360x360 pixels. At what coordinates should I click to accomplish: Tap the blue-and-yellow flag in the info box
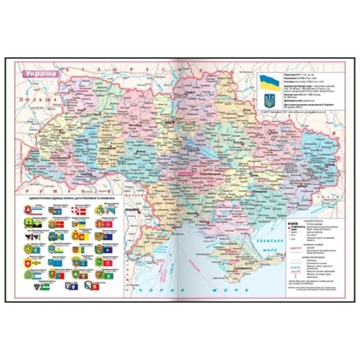270,83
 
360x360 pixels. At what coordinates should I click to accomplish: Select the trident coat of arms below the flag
270,99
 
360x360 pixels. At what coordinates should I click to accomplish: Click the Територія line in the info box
297,76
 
